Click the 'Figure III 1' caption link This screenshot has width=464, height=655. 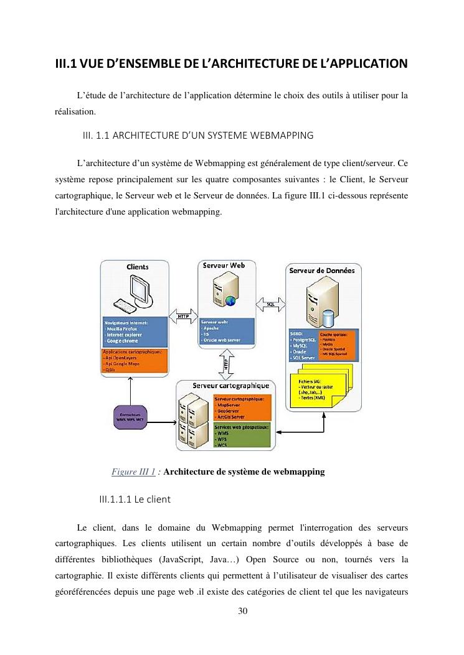click(133, 472)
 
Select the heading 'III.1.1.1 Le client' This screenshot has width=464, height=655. click(131, 499)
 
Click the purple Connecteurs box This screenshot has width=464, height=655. click(130, 416)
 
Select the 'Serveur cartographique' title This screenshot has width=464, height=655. click(230, 386)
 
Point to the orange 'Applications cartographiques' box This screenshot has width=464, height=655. click(135, 361)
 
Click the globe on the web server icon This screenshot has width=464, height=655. click(230, 301)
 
